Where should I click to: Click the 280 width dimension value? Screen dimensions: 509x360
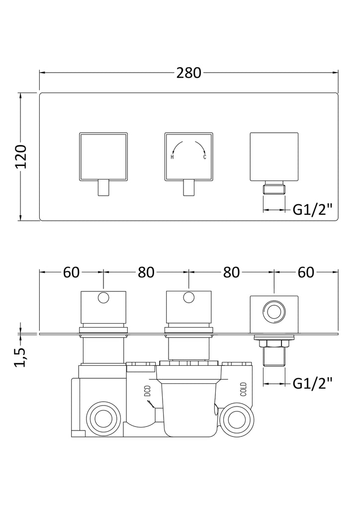tap(189, 73)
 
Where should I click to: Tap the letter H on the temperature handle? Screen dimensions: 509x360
tap(172, 157)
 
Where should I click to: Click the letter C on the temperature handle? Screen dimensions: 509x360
tap(204, 157)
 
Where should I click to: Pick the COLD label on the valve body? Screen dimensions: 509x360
tap(243, 388)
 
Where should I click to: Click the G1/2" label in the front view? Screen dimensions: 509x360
tap(312, 210)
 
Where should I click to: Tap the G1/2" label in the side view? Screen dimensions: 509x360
tap(312, 383)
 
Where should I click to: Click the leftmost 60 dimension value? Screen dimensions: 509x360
tap(72, 272)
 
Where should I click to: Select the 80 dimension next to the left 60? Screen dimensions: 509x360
tap(146, 272)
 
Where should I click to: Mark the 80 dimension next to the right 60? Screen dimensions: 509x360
tap(231, 272)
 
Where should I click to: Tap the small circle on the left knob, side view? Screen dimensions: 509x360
tap(103, 298)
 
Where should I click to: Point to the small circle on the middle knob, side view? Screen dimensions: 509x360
tap(188, 298)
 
